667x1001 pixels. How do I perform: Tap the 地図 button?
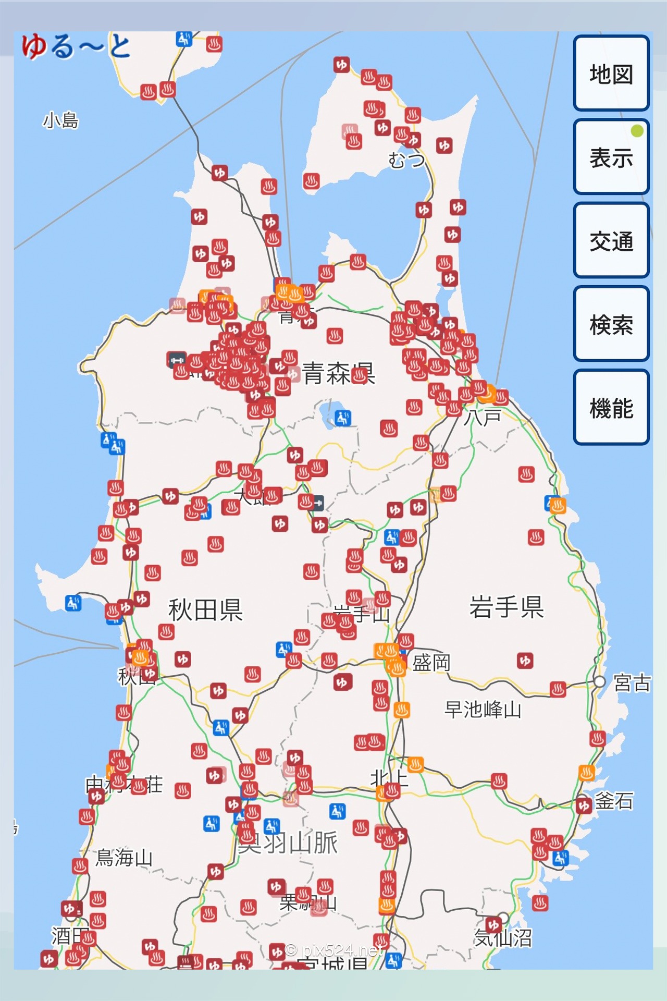point(611,73)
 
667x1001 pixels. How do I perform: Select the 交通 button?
point(611,240)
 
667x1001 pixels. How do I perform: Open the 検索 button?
point(611,324)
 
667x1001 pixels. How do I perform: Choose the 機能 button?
point(611,407)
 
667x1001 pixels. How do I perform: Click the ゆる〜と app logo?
point(76,46)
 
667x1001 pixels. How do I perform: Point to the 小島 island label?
point(60,120)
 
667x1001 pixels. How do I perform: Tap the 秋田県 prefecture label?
point(205,609)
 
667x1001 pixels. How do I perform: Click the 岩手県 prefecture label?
point(507,606)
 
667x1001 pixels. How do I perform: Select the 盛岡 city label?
point(431,663)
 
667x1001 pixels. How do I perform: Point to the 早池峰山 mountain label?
point(483,710)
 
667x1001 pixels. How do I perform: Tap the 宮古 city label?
point(632,682)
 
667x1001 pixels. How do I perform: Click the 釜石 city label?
point(614,801)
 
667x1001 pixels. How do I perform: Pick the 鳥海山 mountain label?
point(124,858)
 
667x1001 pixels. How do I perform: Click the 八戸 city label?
point(483,417)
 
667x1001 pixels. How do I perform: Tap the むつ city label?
point(406,160)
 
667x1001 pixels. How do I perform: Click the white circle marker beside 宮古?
point(599,681)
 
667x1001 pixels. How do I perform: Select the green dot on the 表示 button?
point(637,131)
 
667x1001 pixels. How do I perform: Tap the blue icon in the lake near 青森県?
point(343,418)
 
